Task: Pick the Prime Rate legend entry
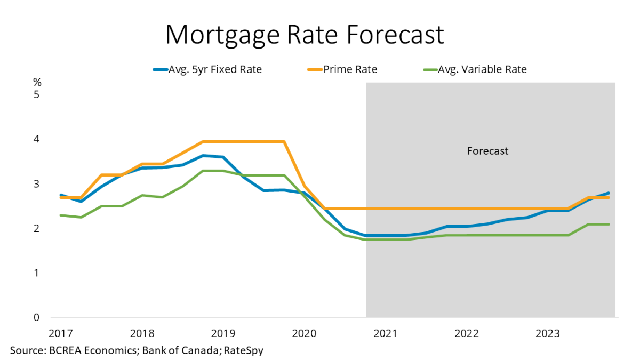[349, 69]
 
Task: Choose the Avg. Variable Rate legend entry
[482, 69]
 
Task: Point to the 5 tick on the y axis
[37, 95]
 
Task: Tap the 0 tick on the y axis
[37, 318]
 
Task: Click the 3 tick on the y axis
[37, 184]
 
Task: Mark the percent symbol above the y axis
[37, 82]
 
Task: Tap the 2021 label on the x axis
[385, 333]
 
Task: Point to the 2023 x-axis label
[548, 333]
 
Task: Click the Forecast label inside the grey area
[487, 151]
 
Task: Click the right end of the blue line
[609, 193]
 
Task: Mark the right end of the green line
[609, 224]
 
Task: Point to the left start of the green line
[60, 215]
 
